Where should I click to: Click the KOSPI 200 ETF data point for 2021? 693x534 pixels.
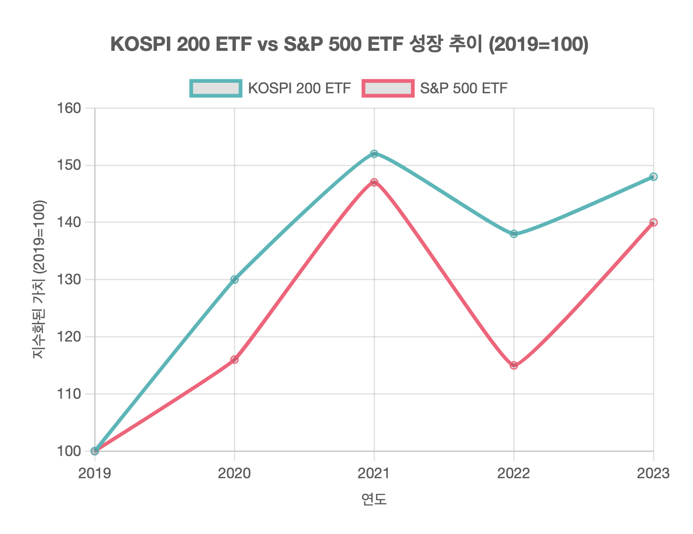click(374, 154)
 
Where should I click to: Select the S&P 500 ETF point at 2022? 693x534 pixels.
click(514, 365)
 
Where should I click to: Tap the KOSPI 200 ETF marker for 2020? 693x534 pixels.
click(234, 279)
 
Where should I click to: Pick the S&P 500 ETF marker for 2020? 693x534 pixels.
click(234, 360)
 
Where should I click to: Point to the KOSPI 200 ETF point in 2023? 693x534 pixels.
click(654, 177)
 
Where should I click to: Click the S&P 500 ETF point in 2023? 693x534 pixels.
click(654, 223)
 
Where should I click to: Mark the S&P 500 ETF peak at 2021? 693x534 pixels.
click(374, 183)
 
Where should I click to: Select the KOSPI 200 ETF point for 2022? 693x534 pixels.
click(514, 234)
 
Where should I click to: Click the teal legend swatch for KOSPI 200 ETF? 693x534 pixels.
click(216, 88)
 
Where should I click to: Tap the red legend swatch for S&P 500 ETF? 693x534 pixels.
click(387, 88)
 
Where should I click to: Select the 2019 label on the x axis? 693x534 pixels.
click(95, 474)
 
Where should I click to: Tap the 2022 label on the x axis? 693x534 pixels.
click(514, 474)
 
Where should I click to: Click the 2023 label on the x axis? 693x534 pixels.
click(653, 474)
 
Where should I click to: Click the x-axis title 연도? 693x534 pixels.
click(374, 499)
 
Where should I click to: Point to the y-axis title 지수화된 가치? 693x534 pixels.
click(39, 279)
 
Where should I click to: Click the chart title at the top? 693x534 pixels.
click(349, 44)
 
